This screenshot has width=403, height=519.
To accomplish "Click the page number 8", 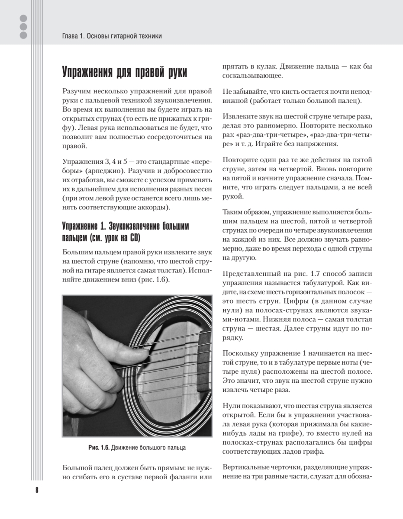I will (x=37, y=490).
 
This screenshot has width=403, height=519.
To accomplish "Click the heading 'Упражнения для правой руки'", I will (x=125, y=72).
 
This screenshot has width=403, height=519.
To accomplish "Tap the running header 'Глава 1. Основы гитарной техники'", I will (x=112, y=36).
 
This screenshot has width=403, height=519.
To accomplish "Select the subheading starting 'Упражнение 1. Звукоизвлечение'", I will (x=126, y=227).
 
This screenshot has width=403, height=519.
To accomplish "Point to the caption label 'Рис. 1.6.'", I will (x=99, y=448).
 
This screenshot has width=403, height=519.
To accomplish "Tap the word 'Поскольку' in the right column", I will (x=240, y=354).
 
